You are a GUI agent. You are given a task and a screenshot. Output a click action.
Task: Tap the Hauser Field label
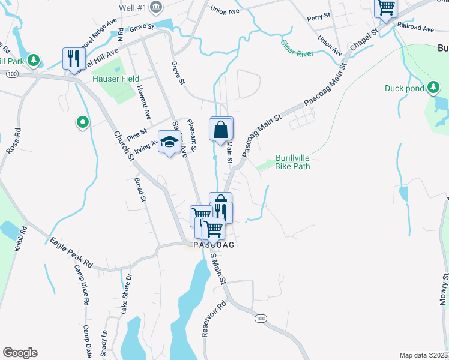(x=116, y=79)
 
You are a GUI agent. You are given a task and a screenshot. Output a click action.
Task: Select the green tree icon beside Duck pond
(x=432, y=89)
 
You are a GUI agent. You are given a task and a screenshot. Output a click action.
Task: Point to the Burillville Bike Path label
(x=292, y=162)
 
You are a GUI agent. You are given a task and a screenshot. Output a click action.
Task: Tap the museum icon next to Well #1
(x=157, y=7)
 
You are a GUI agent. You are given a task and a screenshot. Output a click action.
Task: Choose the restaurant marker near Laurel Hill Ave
(x=73, y=59)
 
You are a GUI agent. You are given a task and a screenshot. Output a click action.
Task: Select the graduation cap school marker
(x=169, y=142)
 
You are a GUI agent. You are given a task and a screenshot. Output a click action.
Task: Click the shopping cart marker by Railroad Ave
(x=385, y=8)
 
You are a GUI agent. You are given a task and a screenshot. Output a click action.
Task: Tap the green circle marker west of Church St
(x=82, y=123)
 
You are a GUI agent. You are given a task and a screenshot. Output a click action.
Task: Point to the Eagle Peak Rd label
(x=71, y=253)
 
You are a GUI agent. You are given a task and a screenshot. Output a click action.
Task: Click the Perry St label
(x=319, y=16)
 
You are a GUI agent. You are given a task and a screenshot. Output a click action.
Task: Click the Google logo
(x=20, y=353)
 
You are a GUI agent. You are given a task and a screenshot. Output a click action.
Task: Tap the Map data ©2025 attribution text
(x=423, y=355)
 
